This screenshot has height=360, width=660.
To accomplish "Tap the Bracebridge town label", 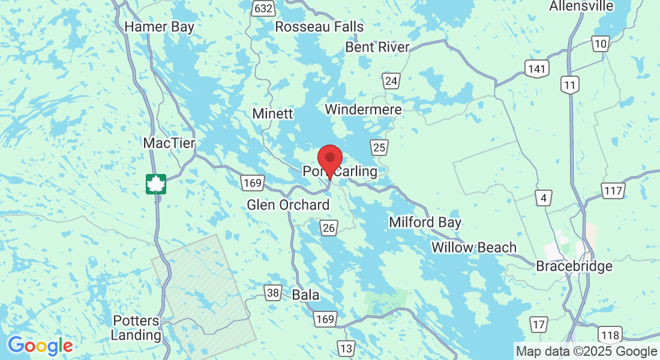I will (574, 266).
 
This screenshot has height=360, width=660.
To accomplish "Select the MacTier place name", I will (169, 143).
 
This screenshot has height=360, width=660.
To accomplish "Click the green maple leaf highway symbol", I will (156, 184).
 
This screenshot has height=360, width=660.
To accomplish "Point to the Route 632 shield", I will (264, 8).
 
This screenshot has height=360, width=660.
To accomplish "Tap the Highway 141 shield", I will (536, 68).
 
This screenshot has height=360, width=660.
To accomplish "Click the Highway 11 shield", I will (570, 85).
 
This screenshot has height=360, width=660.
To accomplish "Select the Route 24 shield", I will (392, 81).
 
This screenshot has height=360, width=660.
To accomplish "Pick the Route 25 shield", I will (379, 148).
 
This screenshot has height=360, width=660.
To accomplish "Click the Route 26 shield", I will (328, 228).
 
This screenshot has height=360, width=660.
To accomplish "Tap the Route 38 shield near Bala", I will (273, 293).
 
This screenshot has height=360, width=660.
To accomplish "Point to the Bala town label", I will (305, 295).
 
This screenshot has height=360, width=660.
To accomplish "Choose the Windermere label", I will (363, 109).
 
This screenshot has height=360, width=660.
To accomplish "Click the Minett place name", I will (272, 113).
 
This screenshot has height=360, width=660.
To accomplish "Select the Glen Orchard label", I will (288, 205).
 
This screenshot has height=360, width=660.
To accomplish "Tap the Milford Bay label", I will (425, 223).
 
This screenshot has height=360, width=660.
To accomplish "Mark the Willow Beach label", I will (473, 247).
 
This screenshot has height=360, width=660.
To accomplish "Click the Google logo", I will (40, 346).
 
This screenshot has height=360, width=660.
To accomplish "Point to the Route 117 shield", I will (614, 191).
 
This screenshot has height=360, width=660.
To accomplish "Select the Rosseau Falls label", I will (319, 27).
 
